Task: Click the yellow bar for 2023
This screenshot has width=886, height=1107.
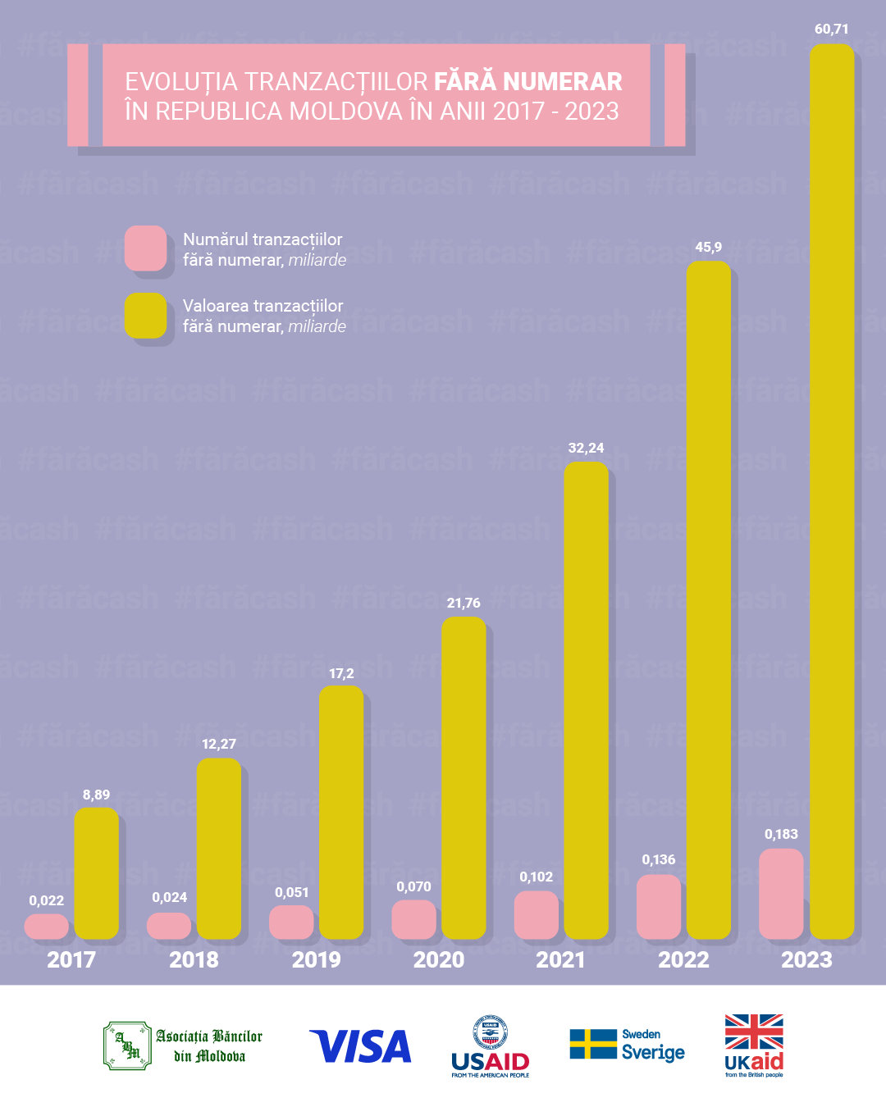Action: point(831,492)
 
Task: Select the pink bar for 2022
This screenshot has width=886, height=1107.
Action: point(659,906)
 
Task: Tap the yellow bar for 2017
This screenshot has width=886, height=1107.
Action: point(96,873)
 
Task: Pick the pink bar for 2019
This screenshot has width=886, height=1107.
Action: point(291,922)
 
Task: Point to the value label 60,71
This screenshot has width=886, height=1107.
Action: point(831,30)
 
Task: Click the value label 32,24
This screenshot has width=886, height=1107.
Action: point(586,449)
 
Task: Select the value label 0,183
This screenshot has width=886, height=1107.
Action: point(781,835)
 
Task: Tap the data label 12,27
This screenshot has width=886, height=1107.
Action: point(219,745)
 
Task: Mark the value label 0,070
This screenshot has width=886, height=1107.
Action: point(413,887)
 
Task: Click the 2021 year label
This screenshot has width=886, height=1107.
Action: point(560,960)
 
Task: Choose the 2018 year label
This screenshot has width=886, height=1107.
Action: point(194,960)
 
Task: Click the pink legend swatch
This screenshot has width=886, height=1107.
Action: point(145,248)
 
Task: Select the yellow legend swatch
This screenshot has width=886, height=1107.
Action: point(145,315)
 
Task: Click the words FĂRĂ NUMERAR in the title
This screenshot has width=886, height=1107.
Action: point(527,82)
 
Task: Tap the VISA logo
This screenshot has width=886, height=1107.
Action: point(361,1047)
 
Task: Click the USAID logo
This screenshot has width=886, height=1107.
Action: point(491,1047)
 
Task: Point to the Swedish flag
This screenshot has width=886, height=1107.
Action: point(593,1044)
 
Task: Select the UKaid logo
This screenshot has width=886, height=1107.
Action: point(754,1045)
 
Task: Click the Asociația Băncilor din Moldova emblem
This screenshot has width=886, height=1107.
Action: point(127,1045)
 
